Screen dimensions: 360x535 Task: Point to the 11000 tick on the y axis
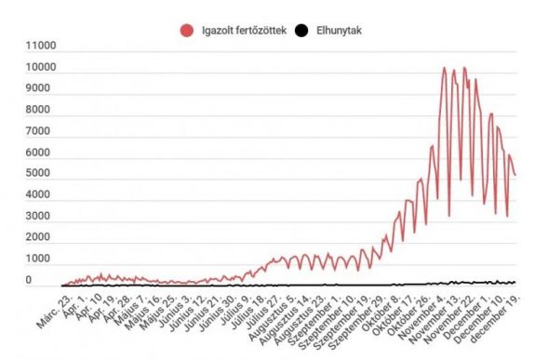point(41,46)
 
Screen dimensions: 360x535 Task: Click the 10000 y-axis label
point(41,68)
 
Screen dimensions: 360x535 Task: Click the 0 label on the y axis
point(28,281)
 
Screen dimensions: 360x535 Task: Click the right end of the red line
point(515,175)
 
